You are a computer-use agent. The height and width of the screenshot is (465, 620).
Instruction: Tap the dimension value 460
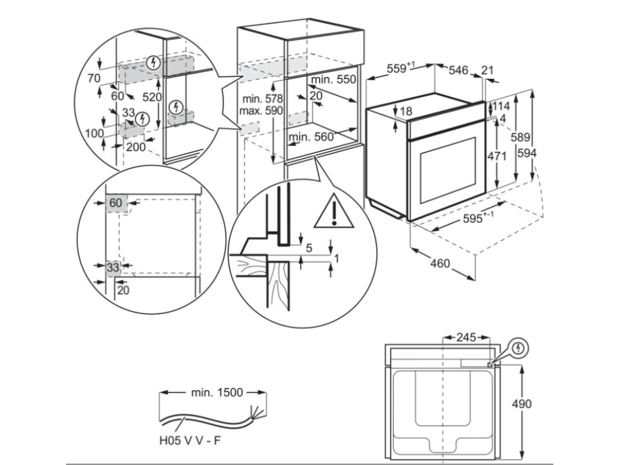click(x=440, y=264)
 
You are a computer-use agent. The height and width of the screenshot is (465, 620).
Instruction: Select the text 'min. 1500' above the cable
click(x=217, y=392)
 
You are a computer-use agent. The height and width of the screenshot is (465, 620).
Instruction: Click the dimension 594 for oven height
click(x=527, y=154)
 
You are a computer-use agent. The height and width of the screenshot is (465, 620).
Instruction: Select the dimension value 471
click(x=496, y=156)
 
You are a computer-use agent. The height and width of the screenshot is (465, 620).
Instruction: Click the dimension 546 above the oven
click(x=458, y=71)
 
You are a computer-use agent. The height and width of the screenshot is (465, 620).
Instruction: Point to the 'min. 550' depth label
click(x=334, y=79)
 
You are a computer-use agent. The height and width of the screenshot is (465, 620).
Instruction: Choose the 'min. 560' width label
click(x=311, y=137)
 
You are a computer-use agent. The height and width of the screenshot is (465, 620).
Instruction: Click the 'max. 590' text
click(x=261, y=111)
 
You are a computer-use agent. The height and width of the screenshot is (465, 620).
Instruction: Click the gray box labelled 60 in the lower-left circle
click(x=116, y=202)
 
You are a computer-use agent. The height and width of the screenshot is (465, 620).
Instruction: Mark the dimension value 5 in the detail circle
click(x=309, y=248)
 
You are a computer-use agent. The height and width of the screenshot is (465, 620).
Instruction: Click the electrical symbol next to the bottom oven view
click(x=519, y=348)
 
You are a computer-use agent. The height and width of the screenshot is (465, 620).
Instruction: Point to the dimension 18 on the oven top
click(x=405, y=111)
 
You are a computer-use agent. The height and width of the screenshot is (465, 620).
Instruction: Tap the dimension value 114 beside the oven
click(x=500, y=106)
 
